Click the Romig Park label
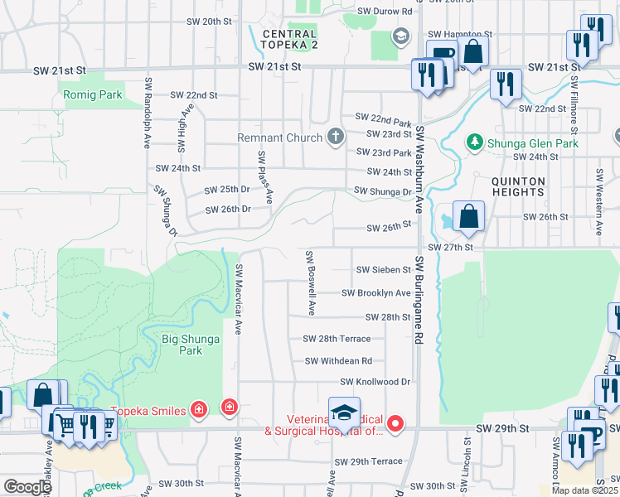tap(93, 95)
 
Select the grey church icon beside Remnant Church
tap(336, 137)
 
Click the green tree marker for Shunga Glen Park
tap(475, 142)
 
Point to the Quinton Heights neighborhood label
tap(518, 186)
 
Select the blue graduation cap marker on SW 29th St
tap(344, 412)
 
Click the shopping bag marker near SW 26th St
tap(469, 217)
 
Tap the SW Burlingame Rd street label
tap(419, 299)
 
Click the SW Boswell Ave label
tap(310, 283)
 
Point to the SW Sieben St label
tap(383, 270)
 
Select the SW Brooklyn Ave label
tap(376, 293)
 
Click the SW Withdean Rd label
tap(338, 361)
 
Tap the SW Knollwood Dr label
tap(375, 382)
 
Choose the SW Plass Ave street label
tap(264, 177)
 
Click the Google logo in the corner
tap(27, 487)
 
